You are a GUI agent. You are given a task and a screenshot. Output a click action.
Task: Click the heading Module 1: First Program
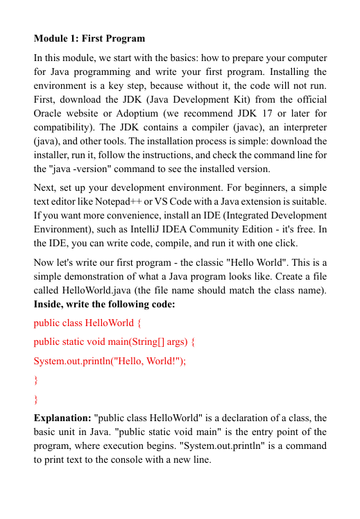coord(89,37)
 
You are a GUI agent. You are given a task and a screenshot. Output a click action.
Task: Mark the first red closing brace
coord(36,380)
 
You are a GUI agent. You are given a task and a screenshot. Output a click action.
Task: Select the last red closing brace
coord(36,399)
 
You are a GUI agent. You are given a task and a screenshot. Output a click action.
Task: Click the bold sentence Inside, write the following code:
coord(105,305)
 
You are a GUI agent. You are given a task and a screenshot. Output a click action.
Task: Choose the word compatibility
coord(65,128)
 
